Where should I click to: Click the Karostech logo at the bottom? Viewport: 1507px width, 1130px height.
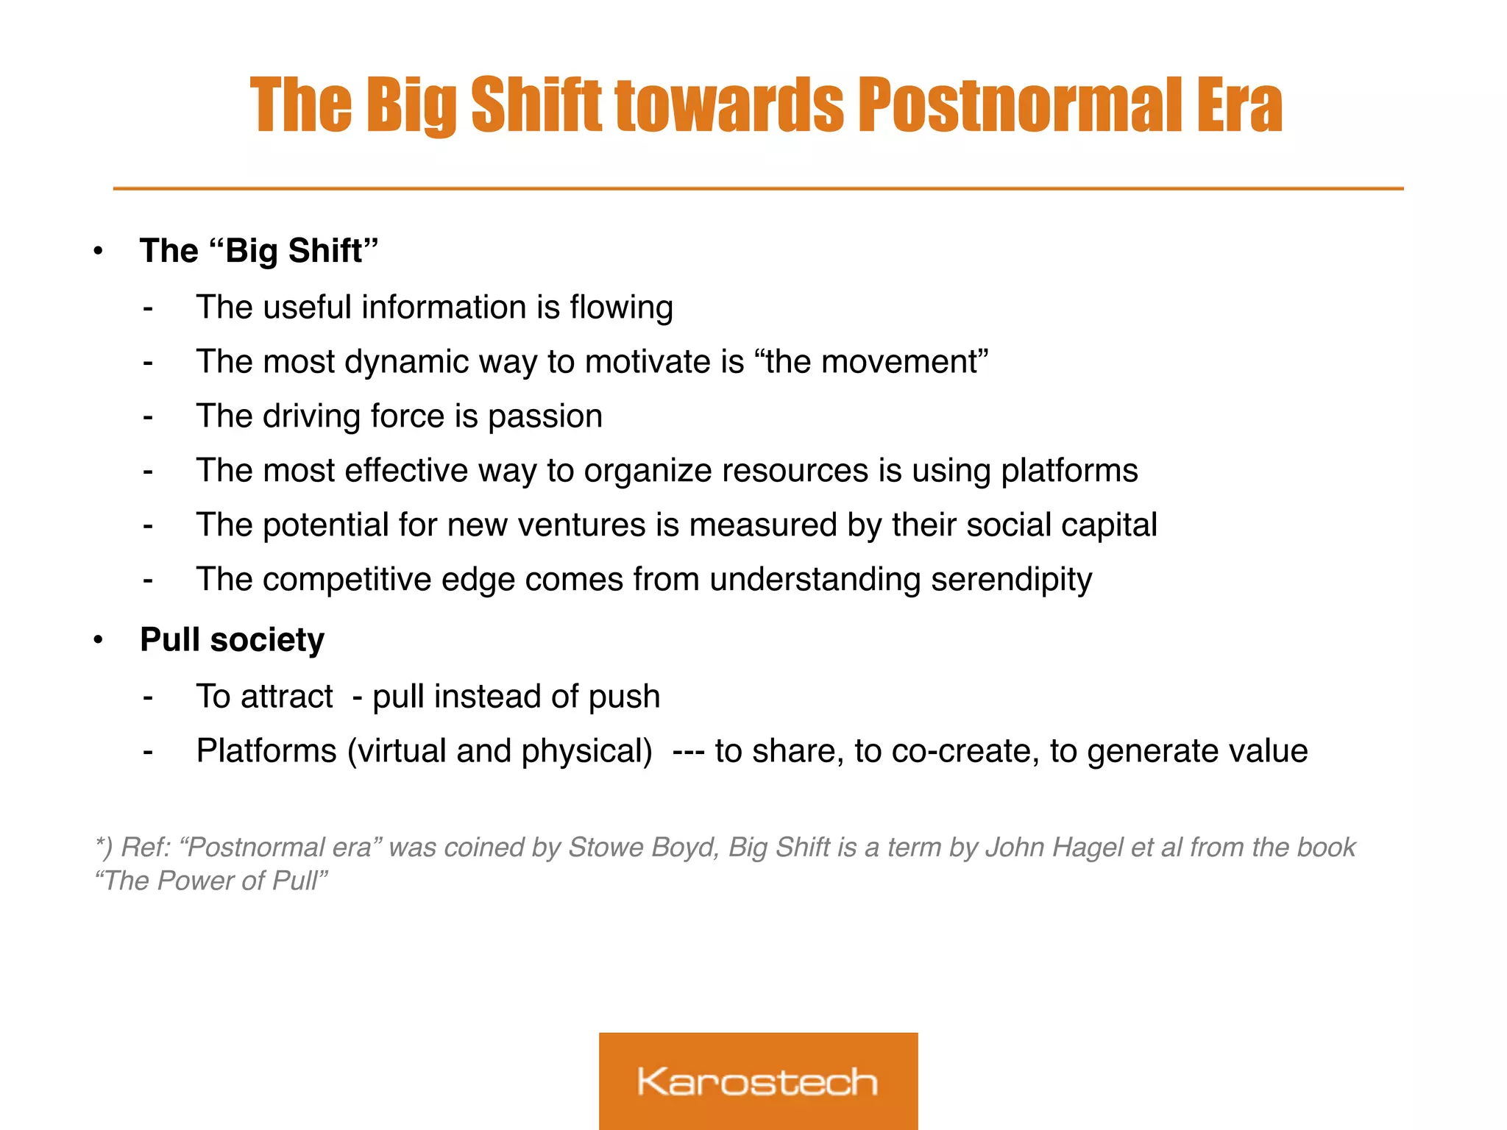pos(758,1081)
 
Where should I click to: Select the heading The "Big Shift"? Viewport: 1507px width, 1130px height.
pos(258,251)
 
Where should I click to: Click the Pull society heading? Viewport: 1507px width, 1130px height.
pos(232,639)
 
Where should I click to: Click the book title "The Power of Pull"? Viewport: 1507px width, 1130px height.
pos(211,881)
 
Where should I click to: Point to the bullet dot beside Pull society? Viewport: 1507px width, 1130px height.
pos(98,640)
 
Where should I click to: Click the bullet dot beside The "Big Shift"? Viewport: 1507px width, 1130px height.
pos(98,252)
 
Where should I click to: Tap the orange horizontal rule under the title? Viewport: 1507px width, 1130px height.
pos(758,189)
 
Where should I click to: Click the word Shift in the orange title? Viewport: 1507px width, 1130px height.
pos(536,107)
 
